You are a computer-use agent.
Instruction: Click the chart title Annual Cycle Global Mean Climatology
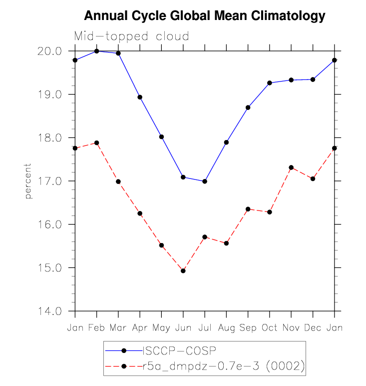pos(204,16)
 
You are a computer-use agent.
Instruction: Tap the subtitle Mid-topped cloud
pos(131,36)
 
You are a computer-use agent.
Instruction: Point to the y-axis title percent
pos(28,181)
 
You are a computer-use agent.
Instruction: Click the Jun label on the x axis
pos(183,327)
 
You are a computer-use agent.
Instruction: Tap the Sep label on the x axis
pos(248,327)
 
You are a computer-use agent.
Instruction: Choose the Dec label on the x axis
pos(313,327)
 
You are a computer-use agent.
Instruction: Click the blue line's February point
pos(97,51)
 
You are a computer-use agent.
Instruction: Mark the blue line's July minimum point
pos(205,181)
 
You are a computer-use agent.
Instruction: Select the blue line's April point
pos(140,97)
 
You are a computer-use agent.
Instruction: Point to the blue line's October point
pos(270,83)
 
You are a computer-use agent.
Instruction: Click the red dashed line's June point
pos(183,271)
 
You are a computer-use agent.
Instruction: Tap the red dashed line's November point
pos(291,167)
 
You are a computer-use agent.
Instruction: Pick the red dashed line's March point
pos(118,181)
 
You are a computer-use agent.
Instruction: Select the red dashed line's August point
pos(227,243)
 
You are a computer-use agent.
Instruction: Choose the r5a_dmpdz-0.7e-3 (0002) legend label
pos(223,366)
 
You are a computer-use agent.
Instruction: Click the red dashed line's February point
pos(97,143)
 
